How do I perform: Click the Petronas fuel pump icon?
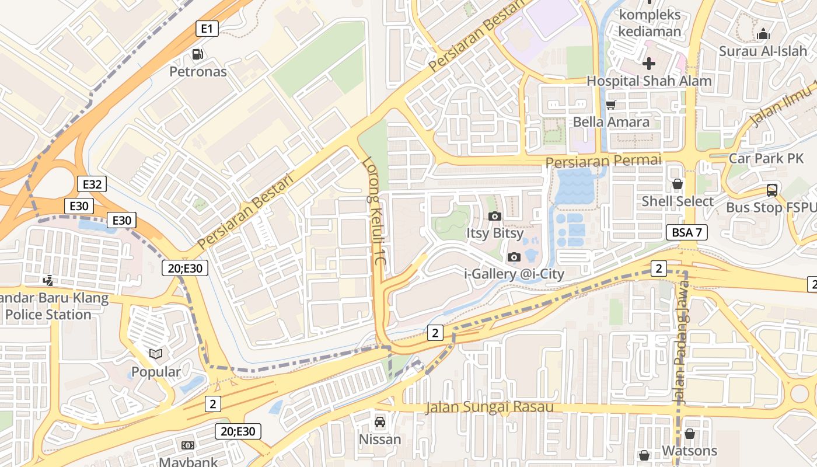point(198,54)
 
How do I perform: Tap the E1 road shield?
point(207,28)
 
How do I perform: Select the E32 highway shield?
point(92,184)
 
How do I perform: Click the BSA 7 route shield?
point(687,232)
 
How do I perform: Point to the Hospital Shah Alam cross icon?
point(648,64)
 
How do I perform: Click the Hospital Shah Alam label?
point(649,81)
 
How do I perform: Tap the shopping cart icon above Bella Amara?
point(610,105)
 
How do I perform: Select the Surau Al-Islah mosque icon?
point(763,34)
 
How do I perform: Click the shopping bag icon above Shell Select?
point(677,184)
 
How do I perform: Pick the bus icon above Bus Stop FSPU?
point(771,190)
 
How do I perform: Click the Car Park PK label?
point(766,158)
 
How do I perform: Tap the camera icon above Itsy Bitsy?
point(494,217)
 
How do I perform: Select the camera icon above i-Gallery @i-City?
point(514,257)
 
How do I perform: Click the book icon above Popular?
point(156,354)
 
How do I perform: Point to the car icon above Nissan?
point(379,421)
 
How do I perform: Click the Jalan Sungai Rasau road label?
point(489,407)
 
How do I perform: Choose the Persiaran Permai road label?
point(603,161)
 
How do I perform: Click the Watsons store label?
point(689,451)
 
